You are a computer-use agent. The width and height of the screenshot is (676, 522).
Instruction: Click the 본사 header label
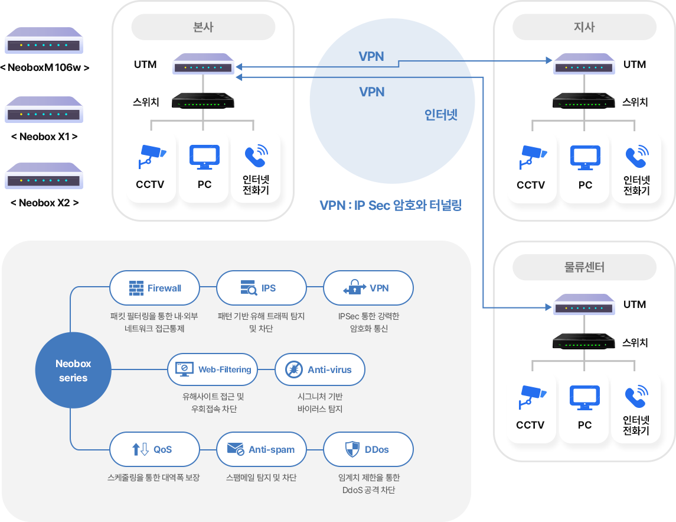(203, 27)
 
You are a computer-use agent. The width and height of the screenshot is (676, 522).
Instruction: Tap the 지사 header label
(584, 27)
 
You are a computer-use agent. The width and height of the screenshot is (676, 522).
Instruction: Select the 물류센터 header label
(584, 267)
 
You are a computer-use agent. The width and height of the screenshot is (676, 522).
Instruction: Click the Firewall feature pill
(155, 288)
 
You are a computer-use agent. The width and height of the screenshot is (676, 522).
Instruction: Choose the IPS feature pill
(262, 288)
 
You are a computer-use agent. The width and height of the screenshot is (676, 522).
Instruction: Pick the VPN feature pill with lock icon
(368, 288)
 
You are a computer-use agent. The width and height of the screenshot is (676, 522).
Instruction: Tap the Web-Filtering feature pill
(213, 369)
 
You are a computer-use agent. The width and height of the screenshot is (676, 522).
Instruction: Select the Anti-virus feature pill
(320, 369)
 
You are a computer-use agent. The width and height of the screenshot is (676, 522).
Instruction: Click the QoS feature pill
(155, 449)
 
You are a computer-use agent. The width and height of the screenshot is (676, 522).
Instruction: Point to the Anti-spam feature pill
(262, 449)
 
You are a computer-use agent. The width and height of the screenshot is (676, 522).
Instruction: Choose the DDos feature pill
(368, 449)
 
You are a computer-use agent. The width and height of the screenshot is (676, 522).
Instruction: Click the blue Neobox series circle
(73, 370)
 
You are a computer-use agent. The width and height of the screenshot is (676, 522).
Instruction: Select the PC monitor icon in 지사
(585, 157)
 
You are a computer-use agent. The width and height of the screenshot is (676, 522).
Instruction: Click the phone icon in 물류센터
(636, 397)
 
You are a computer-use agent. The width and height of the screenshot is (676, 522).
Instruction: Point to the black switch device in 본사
(203, 102)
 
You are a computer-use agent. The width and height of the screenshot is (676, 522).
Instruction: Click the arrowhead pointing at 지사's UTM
(548, 60)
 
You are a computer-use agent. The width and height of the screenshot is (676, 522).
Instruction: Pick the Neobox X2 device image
(44, 175)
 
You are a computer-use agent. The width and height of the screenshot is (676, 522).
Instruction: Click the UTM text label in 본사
(145, 64)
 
